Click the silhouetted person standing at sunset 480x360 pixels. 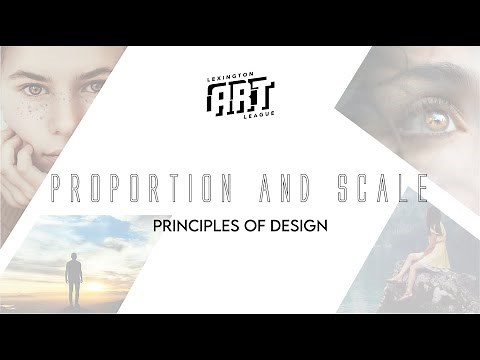[x=73, y=281]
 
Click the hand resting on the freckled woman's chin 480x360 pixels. [x=15, y=150]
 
